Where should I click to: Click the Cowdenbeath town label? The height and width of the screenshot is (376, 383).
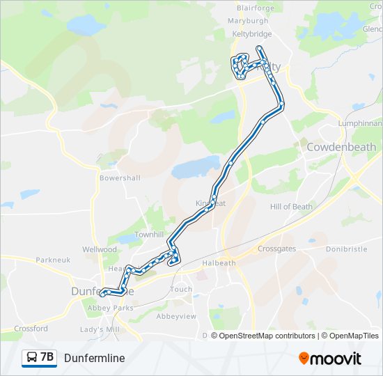point(341,147)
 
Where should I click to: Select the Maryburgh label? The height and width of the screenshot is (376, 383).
point(248,20)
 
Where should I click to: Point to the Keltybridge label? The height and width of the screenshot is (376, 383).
point(251,33)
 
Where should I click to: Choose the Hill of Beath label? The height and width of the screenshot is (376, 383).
point(291,206)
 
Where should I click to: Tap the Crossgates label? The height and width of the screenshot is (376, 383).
point(277,249)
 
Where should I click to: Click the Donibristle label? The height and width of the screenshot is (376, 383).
point(346,248)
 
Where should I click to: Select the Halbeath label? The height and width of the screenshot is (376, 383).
point(219,263)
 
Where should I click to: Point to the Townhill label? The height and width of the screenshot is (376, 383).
point(149,235)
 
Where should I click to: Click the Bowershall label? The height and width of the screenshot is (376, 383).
point(120,178)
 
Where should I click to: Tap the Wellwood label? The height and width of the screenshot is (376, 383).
point(100,249)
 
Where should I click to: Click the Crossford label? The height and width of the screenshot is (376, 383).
point(31,329)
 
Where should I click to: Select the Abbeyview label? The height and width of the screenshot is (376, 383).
point(176,315)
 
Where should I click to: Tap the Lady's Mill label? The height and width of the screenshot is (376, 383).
point(100,329)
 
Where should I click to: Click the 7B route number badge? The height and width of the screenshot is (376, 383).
point(39,358)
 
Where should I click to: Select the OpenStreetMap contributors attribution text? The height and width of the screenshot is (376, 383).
point(268,336)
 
